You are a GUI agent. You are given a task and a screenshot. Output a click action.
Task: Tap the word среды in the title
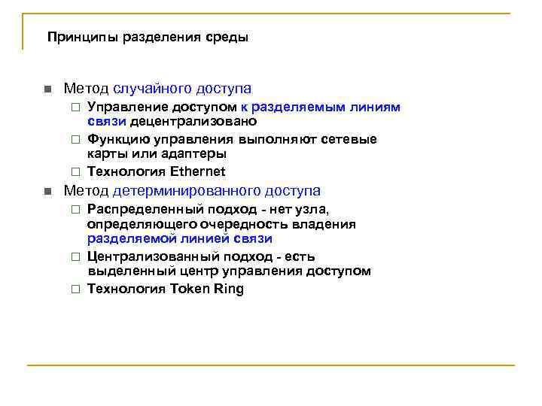(x=230, y=37)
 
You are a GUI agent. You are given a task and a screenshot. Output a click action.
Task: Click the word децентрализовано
(x=193, y=121)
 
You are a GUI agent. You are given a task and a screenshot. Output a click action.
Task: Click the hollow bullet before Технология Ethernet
(x=75, y=171)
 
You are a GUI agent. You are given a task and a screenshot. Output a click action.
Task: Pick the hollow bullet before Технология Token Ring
(x=75, y=289)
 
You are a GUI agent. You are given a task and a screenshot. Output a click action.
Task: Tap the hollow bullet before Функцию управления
(x=75, y=140)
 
